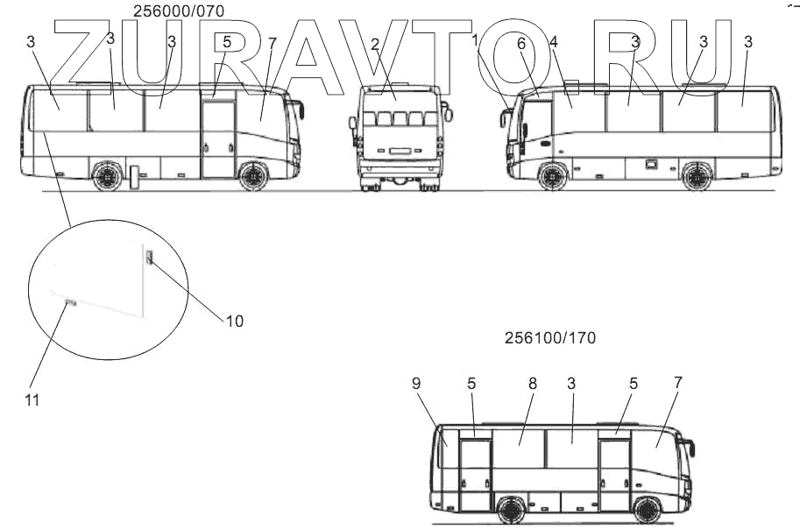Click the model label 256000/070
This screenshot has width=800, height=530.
click(179, 11)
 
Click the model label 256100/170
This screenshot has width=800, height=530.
click(550, 337)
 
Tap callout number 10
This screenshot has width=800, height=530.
click(235, 321)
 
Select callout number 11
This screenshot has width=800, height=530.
click(32, 400)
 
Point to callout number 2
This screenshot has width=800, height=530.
click(375, 45)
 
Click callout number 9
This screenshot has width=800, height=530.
click(416, 384)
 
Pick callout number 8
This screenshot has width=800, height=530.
click(533, 384)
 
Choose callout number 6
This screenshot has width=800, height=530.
click(520, 44)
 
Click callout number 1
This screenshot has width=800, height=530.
click(475, 39)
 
